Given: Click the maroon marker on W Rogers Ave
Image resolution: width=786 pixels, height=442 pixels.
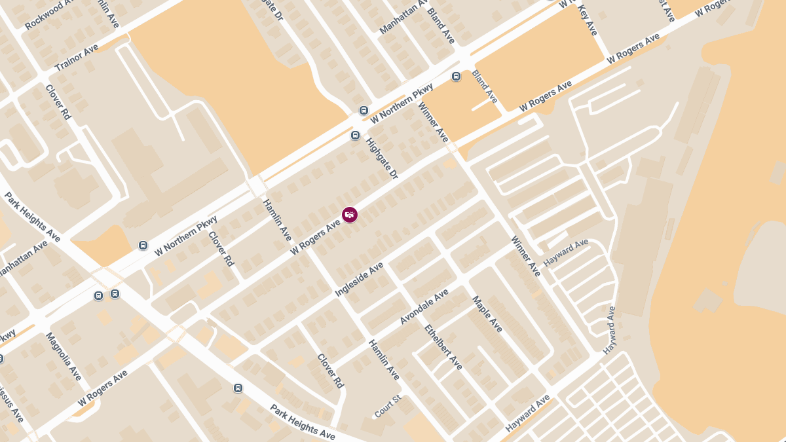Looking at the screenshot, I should coord(350,215).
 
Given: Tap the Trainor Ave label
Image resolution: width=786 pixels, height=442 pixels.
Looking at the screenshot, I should coord(77,58).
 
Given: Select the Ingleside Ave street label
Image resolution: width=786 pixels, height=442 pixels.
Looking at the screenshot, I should coord(359,279).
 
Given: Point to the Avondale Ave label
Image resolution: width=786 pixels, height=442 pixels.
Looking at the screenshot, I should coord(424,306).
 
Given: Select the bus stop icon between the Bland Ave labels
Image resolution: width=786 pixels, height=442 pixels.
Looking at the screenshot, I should coord(457,77).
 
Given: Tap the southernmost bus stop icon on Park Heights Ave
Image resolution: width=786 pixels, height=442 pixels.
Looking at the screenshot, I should coord(238,388).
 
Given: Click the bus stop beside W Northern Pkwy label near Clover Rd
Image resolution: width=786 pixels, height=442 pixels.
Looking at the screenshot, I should coord(143,246).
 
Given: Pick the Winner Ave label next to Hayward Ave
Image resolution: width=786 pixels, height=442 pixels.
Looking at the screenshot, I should coord(526,255).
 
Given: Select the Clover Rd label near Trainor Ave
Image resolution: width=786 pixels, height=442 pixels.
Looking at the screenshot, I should coord(58,101).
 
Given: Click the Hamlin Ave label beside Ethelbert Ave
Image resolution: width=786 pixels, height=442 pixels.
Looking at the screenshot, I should coord(383,359).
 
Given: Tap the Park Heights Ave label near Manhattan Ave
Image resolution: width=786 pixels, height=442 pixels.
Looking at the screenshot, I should coord(32,217).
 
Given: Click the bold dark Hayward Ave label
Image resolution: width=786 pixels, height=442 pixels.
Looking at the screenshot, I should coord(527,414).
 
